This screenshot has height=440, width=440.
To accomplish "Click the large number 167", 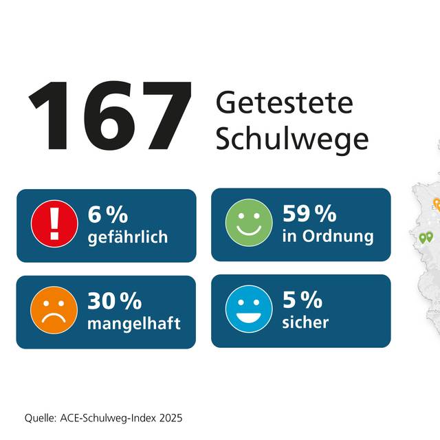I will tap(110, 115).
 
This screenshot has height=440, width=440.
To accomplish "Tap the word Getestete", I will tap(284, 104).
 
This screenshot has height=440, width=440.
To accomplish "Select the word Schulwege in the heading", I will tap(292, 140).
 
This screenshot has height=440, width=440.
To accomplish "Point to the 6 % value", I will tap(108, 214).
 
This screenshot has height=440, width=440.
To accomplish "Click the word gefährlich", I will tap(128, 237).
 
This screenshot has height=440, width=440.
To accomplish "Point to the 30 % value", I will tap(114, 300).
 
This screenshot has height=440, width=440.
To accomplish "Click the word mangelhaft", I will tap(133, 322).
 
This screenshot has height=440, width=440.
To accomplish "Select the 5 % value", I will tap(302, 300).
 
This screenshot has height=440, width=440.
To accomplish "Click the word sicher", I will tap(305, 322).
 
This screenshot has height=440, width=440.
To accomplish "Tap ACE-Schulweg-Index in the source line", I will tap(110, 418).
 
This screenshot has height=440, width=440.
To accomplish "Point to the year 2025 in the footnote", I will tap(172, 418).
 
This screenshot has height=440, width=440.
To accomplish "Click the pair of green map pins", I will tap(426, 237).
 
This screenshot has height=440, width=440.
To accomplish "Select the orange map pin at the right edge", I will tap(437, 203).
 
